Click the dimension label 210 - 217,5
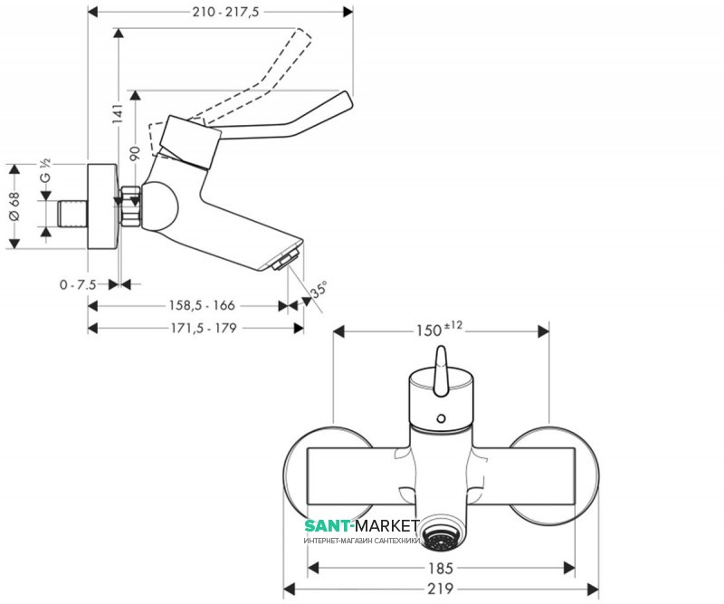coord(225,12)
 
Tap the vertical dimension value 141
coord(119,114)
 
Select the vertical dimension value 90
coord(135,153)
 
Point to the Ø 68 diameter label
coord(14,206)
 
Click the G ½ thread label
coord(45,171)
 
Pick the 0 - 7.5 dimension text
coord(78,284)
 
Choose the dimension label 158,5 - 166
coord(202,305)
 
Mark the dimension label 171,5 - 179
coord(204,328)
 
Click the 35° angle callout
coord(319,289)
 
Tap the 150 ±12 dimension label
coord(439,329)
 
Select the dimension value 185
coord(441,568)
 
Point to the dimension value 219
coord(441,589)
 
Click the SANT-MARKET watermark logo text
coord(361,526)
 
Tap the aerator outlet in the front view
coord(440,535)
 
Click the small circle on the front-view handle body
coord(442,418)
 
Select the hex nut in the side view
coord(130,206)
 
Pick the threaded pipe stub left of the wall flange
coord(72,214)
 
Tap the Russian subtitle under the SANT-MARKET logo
coord(361,541)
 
